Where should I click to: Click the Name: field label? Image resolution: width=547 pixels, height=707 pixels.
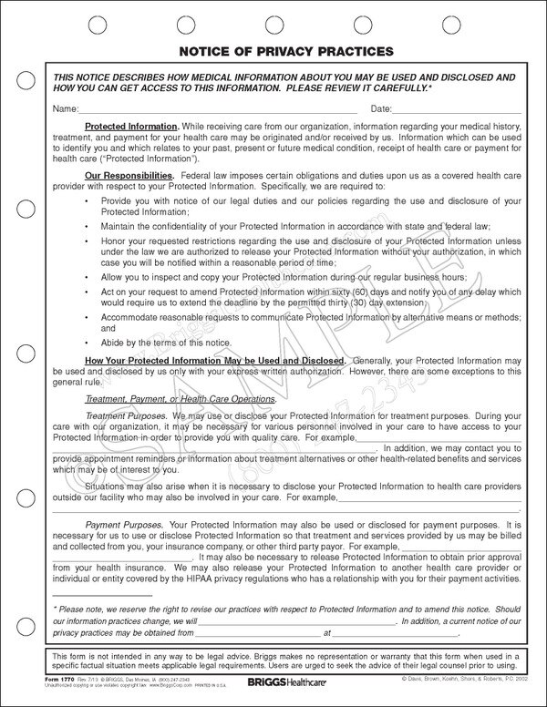(x=67, y=108)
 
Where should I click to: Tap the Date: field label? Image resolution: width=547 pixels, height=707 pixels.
(x=384, y=108)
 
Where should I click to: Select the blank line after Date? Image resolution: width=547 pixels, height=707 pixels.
(x=459, y=111)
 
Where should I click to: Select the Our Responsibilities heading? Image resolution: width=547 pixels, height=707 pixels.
(x=129, y=173)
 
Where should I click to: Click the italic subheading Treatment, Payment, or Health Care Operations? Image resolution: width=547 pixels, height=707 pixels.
(x=181, y=400)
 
